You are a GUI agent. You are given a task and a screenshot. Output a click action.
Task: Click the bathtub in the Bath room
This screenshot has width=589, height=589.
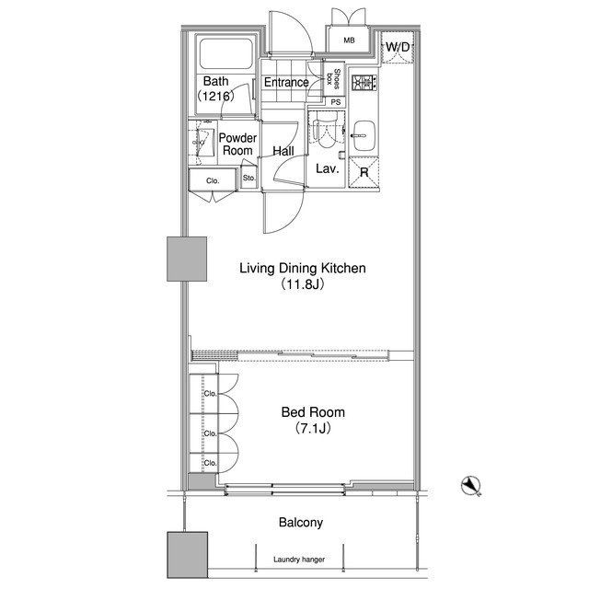coord(226,53)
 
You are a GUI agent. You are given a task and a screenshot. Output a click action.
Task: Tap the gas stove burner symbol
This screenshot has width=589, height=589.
coord(364,83)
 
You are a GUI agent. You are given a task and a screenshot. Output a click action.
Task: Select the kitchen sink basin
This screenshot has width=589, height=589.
coord(364,136)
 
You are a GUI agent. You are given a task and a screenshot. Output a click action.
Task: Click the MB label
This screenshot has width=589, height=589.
coord(349,40)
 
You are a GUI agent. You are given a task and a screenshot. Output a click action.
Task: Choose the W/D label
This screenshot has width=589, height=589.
coord(398,47)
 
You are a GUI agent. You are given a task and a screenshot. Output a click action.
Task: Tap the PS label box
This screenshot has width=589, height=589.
coord(335,102)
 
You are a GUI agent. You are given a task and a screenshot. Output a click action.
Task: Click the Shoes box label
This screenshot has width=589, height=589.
coord(333,79)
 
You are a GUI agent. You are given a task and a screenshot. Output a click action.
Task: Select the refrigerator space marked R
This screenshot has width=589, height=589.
coord(364,172)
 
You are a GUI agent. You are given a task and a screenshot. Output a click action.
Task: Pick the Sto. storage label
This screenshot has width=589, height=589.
coord(248,178)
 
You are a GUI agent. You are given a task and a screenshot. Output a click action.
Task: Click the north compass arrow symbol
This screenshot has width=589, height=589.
coord(471,486)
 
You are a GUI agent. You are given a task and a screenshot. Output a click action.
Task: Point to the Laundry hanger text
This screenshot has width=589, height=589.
coord(299,560)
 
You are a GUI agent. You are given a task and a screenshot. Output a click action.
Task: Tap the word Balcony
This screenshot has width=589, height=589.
coord(301,523)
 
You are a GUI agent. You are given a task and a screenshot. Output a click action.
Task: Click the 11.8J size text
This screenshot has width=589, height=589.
coord(303,284)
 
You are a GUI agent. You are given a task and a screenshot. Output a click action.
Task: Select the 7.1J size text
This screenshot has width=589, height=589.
coord(313,428)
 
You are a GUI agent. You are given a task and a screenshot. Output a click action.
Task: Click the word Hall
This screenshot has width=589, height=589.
coord(283,151)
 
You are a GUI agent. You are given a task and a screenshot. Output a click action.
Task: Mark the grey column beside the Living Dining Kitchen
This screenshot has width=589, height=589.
coord(187,259)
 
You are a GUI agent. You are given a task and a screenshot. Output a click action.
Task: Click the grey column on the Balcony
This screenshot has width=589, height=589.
coord(188,554)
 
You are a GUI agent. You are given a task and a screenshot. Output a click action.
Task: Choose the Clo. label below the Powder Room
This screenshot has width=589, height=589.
coord(213,180)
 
